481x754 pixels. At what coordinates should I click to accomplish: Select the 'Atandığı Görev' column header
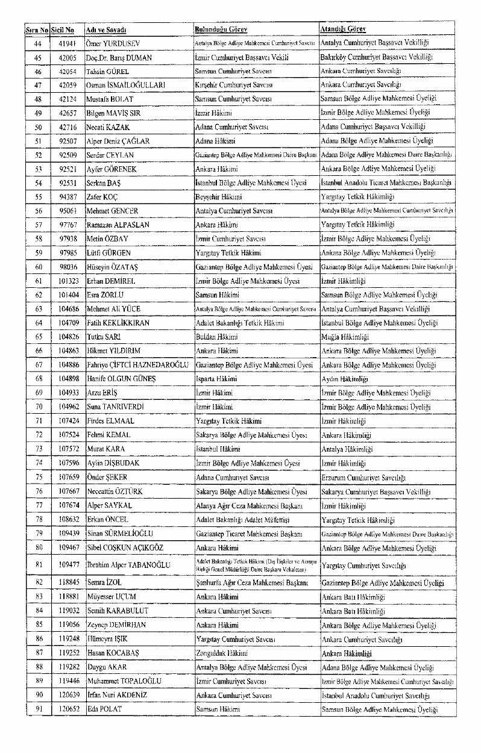[x=344, y=29]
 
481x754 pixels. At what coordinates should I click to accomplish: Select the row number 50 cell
[x=37, y=127]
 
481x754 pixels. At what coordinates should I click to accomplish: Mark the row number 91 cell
[x=37, y=710]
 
